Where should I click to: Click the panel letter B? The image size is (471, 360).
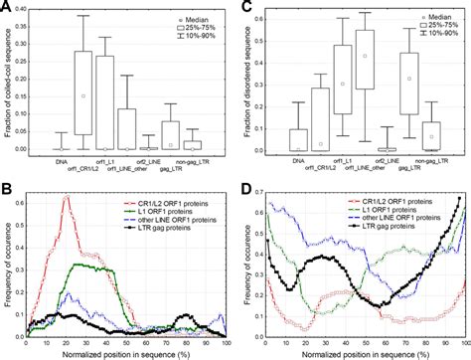pyautogui.click(x=7, y=186)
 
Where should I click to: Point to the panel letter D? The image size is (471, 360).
pyautogui.click(x=242, y=186)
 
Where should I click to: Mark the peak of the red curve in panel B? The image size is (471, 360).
pyautogui.click(x=66, y=197)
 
